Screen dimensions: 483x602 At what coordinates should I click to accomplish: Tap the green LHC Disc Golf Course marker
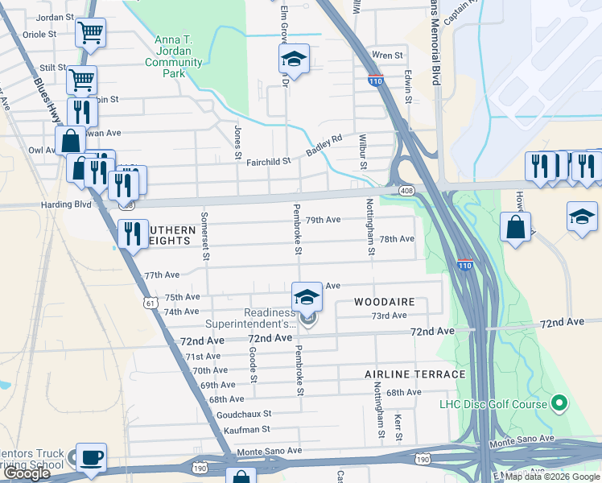point(561,402)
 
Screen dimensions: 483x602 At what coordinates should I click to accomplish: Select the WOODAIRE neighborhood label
point(385,302)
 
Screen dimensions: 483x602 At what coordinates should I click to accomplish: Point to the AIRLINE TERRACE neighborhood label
point(414,374)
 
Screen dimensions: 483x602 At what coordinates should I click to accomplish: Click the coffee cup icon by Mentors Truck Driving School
point(91,457)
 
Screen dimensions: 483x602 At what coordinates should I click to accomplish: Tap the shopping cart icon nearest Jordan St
point(90,33)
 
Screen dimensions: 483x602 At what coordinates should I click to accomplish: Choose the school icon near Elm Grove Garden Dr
point(295,59)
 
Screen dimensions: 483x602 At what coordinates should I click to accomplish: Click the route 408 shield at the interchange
point(406,190)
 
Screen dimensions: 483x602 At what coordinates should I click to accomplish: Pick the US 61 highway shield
point(150,303)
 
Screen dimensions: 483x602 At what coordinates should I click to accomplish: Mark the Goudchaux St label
point(243,415)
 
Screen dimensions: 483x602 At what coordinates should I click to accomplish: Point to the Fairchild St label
point(268,162)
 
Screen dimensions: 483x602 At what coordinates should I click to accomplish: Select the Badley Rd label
point(324,146)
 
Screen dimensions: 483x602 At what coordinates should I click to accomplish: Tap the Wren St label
point(386,56)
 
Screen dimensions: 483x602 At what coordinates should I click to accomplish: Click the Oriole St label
point(39,35)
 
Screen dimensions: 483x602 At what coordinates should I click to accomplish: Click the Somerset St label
point(205,244)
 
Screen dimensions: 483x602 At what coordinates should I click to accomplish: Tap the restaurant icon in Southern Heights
point(133,233)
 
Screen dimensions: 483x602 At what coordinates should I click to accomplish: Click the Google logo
point(27,473)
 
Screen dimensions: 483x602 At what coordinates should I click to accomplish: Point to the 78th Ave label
point(397,239)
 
